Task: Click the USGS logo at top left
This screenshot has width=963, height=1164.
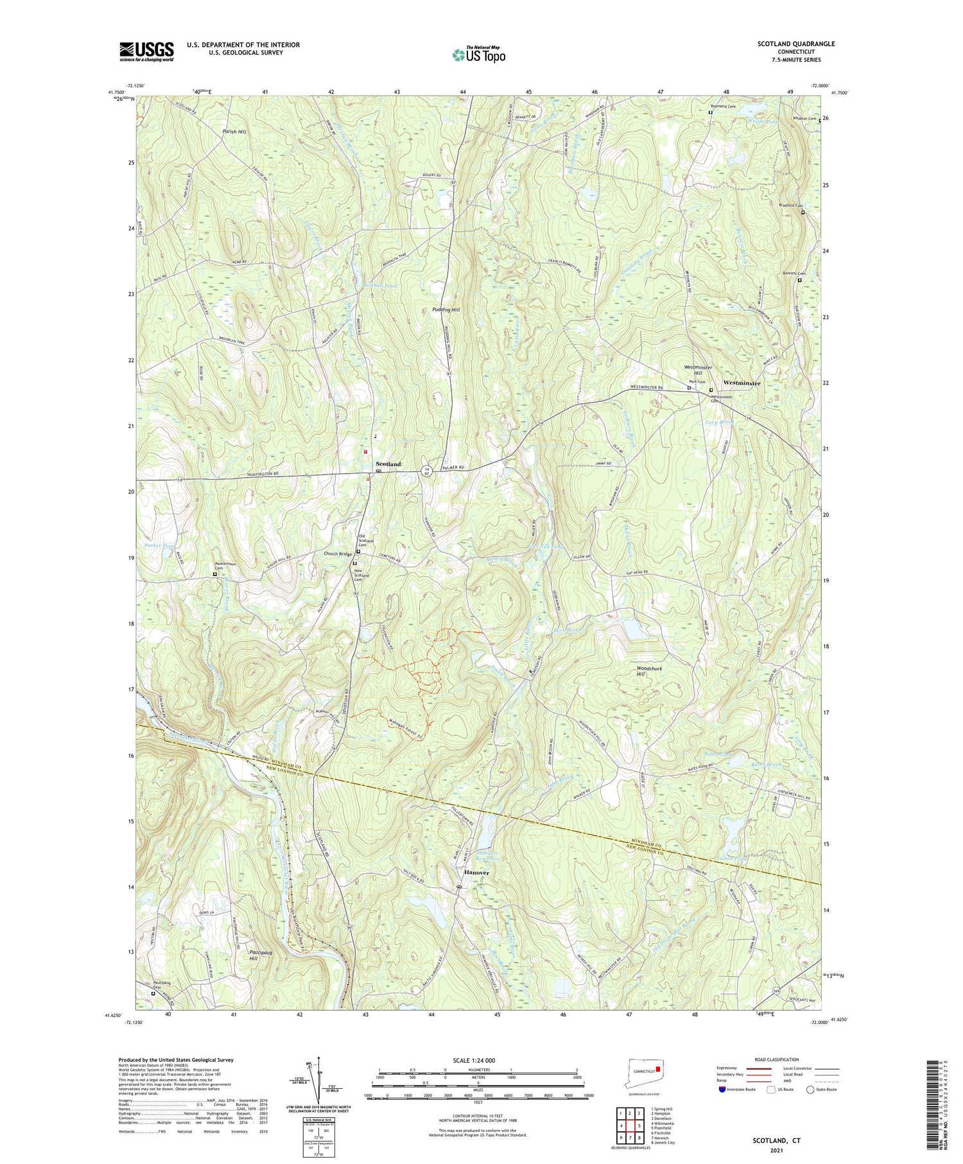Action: [x=146, y=51]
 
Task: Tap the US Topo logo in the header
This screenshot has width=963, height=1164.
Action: [x=478, y=55]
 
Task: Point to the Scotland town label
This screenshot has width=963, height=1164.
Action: [x=388, y=464]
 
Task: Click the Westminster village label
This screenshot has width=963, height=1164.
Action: [x=742, y=383]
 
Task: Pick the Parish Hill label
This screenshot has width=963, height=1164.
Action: [x=234, y=131]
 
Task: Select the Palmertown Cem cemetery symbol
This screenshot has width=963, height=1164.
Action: [x=215, y=575]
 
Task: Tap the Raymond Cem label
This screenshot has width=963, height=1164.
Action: [x=722, y=106]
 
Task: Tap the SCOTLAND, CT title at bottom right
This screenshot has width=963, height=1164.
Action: [x=777, y=1142]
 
